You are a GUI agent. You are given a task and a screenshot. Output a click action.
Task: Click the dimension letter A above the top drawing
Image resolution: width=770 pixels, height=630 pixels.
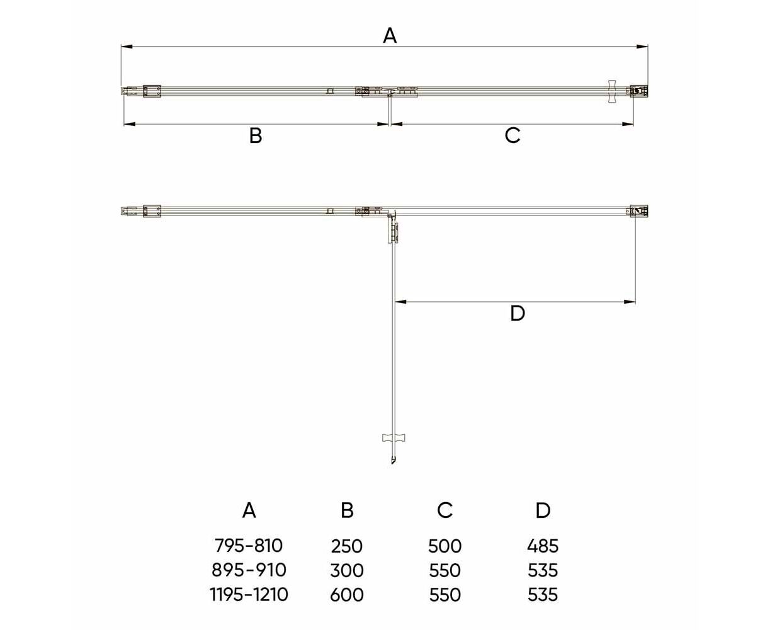click(x=390, y=36)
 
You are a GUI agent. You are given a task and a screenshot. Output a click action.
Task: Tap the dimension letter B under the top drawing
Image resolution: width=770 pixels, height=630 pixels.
click(x=256, y=135)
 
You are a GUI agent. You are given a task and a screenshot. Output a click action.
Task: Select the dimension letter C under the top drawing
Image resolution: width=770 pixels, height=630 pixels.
click(x=512, y=135)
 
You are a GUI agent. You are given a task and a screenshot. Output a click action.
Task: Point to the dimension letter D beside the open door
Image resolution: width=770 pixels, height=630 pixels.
click(x=518, y=314)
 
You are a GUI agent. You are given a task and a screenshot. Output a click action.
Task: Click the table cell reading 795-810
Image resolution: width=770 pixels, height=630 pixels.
click(x=249, y=546)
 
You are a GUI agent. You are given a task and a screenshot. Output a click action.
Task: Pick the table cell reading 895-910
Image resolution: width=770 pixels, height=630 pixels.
click(x=249, y=570)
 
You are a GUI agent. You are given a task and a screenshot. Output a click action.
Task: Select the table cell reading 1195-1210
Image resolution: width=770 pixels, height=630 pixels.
click(x=249, y=595)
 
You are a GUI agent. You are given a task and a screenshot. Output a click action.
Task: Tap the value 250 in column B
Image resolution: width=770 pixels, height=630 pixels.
click(x=346, y=546)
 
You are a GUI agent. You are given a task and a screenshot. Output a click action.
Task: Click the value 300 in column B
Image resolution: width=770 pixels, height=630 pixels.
click(x=347, y=570)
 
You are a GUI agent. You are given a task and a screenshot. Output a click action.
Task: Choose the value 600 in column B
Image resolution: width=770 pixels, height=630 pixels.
click(x=347, y=595)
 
